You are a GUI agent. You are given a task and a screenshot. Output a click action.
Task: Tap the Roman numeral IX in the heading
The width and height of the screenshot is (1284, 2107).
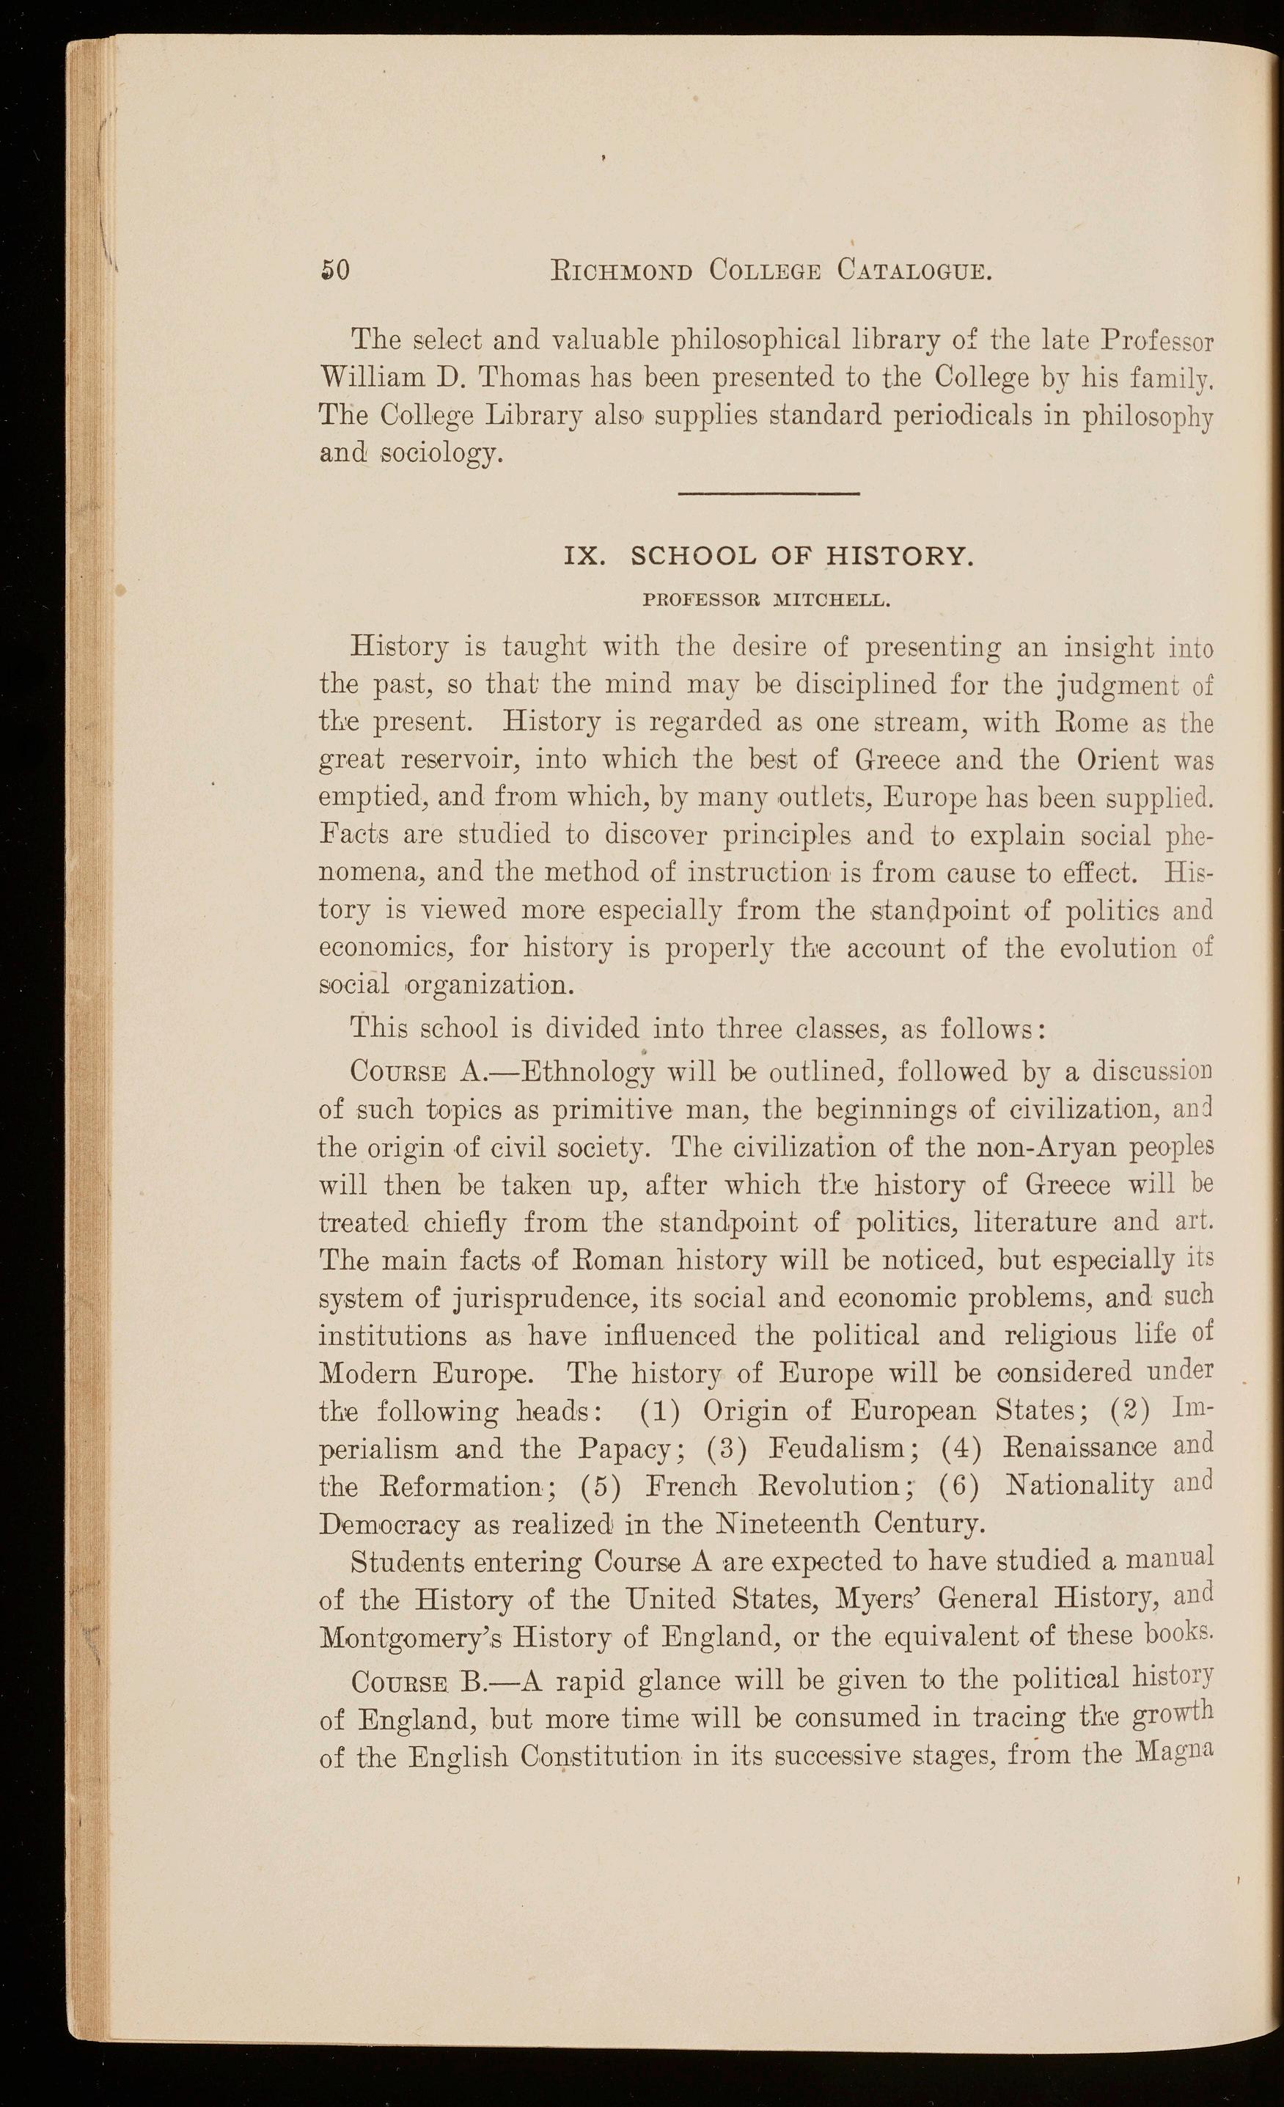pyautogui.click(x=587, y=557)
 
